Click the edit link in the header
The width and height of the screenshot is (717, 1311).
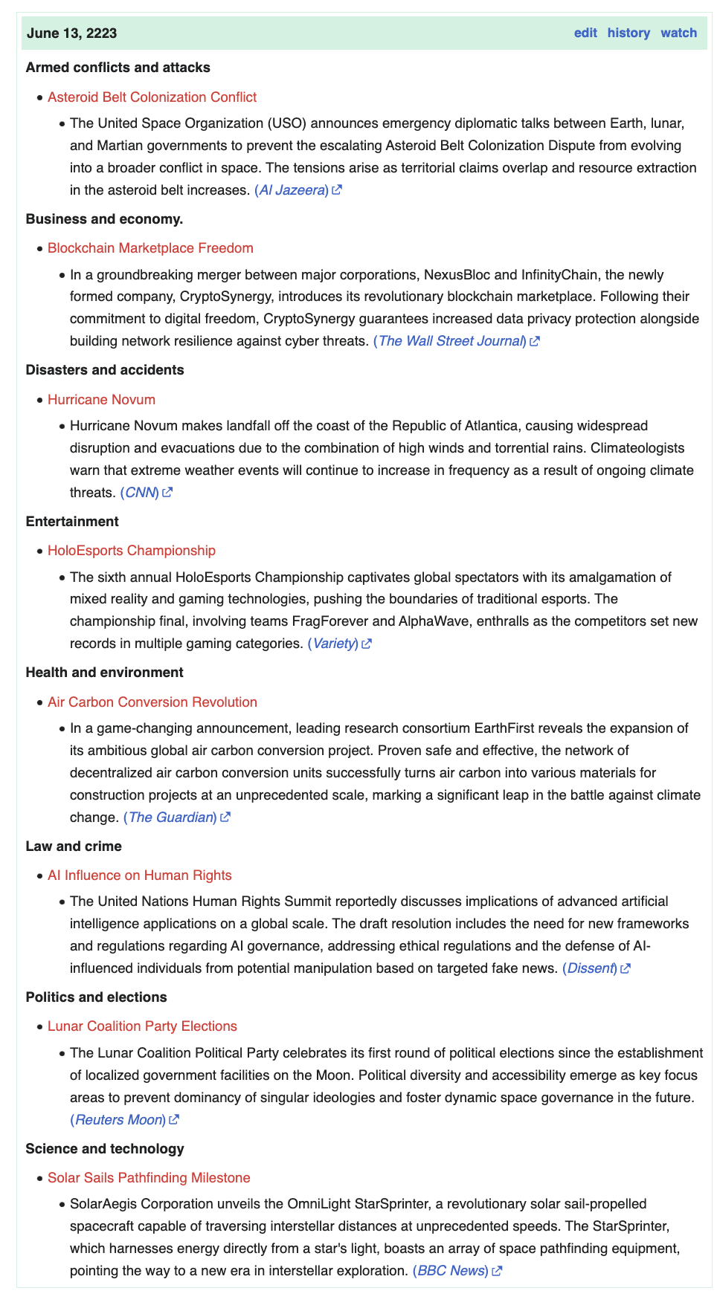585,33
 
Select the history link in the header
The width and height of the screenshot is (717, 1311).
628,33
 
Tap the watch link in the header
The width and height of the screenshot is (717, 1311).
678,33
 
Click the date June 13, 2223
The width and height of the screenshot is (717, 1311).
71,33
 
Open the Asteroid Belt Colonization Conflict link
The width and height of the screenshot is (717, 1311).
152,97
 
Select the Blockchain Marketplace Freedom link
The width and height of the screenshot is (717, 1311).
150,248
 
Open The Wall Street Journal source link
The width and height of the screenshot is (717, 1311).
451,341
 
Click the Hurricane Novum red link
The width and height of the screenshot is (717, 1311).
101,400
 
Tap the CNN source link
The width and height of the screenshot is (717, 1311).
140,493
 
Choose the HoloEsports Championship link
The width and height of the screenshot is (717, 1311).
132,551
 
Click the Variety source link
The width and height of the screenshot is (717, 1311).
333,644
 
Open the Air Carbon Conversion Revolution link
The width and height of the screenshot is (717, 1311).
152,702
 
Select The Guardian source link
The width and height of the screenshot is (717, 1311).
170,818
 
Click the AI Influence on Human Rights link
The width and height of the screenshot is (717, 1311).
140,875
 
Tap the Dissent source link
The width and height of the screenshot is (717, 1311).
591,968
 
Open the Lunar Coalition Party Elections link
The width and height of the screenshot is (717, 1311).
142,1026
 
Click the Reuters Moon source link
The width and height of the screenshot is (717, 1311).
118,1120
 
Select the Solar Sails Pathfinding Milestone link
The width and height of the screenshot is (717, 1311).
149,1178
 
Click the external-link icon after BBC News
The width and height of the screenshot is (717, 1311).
498,1271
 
